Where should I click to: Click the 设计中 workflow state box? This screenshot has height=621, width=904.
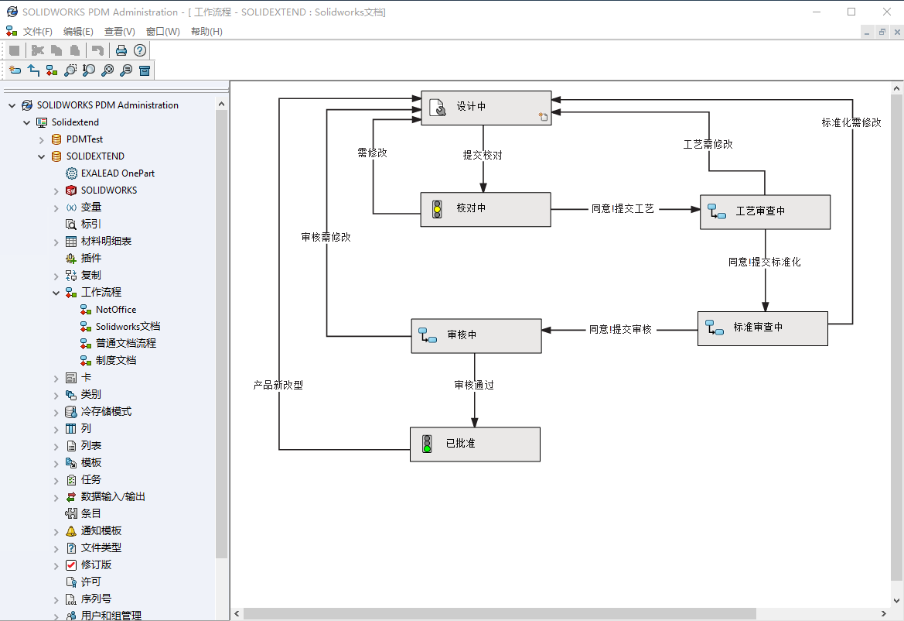(486, 108)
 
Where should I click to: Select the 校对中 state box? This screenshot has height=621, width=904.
(486, 209)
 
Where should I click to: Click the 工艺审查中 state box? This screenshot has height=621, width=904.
(765, 211)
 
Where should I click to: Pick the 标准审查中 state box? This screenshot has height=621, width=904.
(762, 328)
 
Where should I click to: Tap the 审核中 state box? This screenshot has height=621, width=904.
(475, 335)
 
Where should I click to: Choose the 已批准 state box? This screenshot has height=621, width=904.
(475, 444)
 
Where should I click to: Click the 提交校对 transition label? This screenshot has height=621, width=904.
(483, 155)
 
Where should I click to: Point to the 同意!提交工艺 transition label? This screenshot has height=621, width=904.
(623, 209)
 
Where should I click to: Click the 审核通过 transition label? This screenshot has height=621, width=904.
(474, 385)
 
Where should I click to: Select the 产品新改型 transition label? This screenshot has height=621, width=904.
(278, 385)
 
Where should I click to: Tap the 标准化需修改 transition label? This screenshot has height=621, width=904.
(851, 122)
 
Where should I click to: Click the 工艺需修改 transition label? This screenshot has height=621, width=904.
(708, 144)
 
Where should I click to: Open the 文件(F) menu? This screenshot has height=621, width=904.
(37, 32)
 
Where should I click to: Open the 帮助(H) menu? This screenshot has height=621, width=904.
(206, 32)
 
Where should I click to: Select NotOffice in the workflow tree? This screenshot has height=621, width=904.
(116, 310)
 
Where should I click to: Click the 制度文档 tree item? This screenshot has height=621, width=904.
(116, 361)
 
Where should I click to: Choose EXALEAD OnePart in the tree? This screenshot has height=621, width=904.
(118, 173)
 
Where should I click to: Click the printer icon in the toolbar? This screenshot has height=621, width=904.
(121, 50)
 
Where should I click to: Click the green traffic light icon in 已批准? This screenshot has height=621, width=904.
(426, 444)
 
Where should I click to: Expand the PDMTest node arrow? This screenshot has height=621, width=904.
(42, 140)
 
